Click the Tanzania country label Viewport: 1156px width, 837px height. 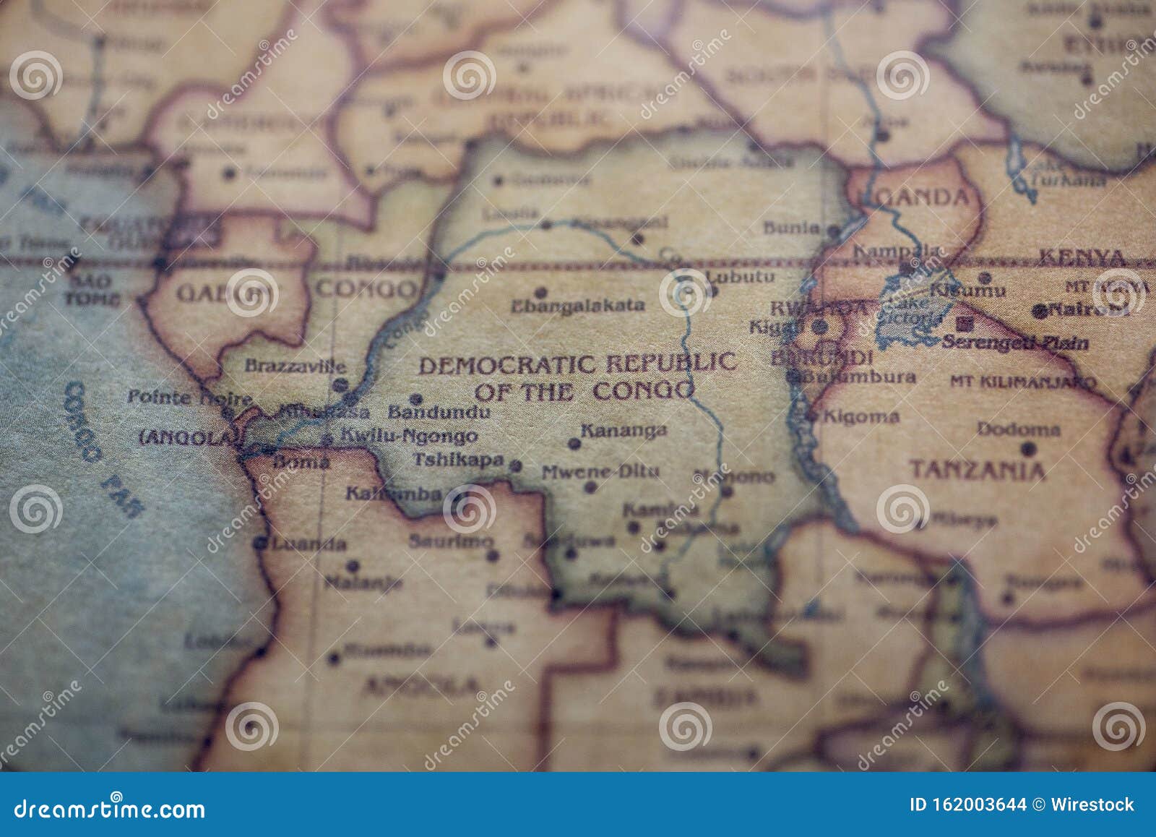977,471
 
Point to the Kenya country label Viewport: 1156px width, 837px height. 1081,257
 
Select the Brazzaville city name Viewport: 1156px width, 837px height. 295,366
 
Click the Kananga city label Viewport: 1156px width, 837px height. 624,432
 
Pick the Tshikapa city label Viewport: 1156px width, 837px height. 458,460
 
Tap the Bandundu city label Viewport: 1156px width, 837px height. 439,413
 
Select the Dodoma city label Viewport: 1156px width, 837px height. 1018,429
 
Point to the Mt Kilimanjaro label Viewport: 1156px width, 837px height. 1022,381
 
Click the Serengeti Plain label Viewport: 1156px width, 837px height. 1015,342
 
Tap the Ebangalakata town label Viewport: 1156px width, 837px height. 577,306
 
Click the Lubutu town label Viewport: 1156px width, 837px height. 740,277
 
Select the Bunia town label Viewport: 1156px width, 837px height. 791,228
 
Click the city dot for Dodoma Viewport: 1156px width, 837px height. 1028,449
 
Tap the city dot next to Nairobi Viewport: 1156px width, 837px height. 1040,312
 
